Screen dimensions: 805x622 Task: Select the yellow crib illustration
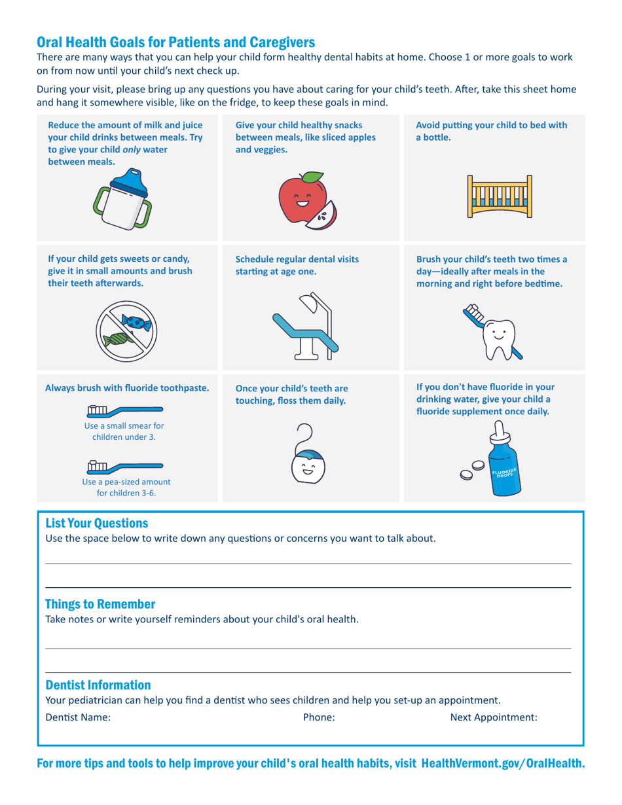pos(500,196)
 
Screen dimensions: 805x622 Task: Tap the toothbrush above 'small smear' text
pos(124,410)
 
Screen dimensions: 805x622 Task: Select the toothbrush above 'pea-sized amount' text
pos(124,467)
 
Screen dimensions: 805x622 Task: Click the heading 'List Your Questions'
pos(97,523)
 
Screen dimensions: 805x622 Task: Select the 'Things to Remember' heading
pos(100,603)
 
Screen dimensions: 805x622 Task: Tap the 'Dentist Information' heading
pos(98,685)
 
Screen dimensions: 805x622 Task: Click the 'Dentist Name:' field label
pos(78,717)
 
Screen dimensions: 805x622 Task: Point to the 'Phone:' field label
pos(319,717)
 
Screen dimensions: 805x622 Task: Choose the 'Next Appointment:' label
pos(494,717)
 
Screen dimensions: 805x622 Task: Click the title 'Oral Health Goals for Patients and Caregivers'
pos(176,43)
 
